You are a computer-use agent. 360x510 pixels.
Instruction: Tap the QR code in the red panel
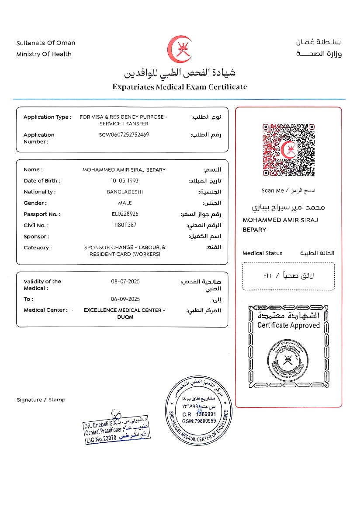click(x=288, y=150)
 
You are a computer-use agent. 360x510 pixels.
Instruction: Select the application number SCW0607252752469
click(x=124, y=134)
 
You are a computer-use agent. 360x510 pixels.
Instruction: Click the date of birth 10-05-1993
click(x=124, y=181)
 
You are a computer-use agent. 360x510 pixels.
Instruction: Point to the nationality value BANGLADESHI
click(x=125, y=192)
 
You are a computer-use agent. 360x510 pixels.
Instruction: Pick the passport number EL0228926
click(x=125, y=214)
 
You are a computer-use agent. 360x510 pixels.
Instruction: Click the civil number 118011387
click(x=125, y=225)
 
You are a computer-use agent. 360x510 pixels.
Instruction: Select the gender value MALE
click(x=125, y=203)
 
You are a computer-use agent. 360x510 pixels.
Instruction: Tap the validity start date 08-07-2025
click(x=125, y=282)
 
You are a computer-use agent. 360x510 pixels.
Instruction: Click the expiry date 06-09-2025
click(x=125, y=299)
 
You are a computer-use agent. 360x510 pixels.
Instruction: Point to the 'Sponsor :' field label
click(x=36, y=237)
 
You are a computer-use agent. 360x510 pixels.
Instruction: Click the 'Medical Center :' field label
click(x=46, y=310)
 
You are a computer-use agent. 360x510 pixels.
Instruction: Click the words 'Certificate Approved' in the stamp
click(x=288, y=325)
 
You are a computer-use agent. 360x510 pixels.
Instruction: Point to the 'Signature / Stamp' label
click(x=41, y=400)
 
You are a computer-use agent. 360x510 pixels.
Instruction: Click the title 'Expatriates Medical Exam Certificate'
click(x=180, y=86)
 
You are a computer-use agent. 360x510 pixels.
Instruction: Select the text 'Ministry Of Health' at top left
click(x=44, y=54)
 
